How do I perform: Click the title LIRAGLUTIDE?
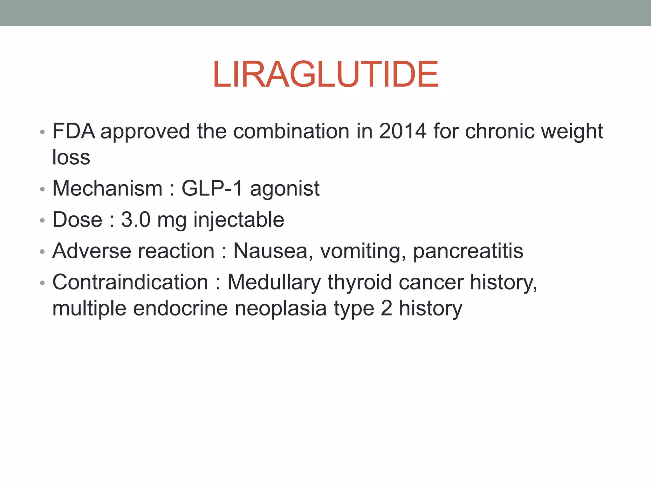coord(326,75)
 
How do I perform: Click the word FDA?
coord(74,131)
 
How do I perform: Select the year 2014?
coord(403,131)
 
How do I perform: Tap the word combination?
coord(291,131)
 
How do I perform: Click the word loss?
coord(71,157)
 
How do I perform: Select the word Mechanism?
coord(107,188)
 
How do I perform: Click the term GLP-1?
coord(212,188)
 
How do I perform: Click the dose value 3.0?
coord(136,220)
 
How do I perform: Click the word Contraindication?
coord(130,282)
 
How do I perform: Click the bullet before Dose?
coord(43,220)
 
